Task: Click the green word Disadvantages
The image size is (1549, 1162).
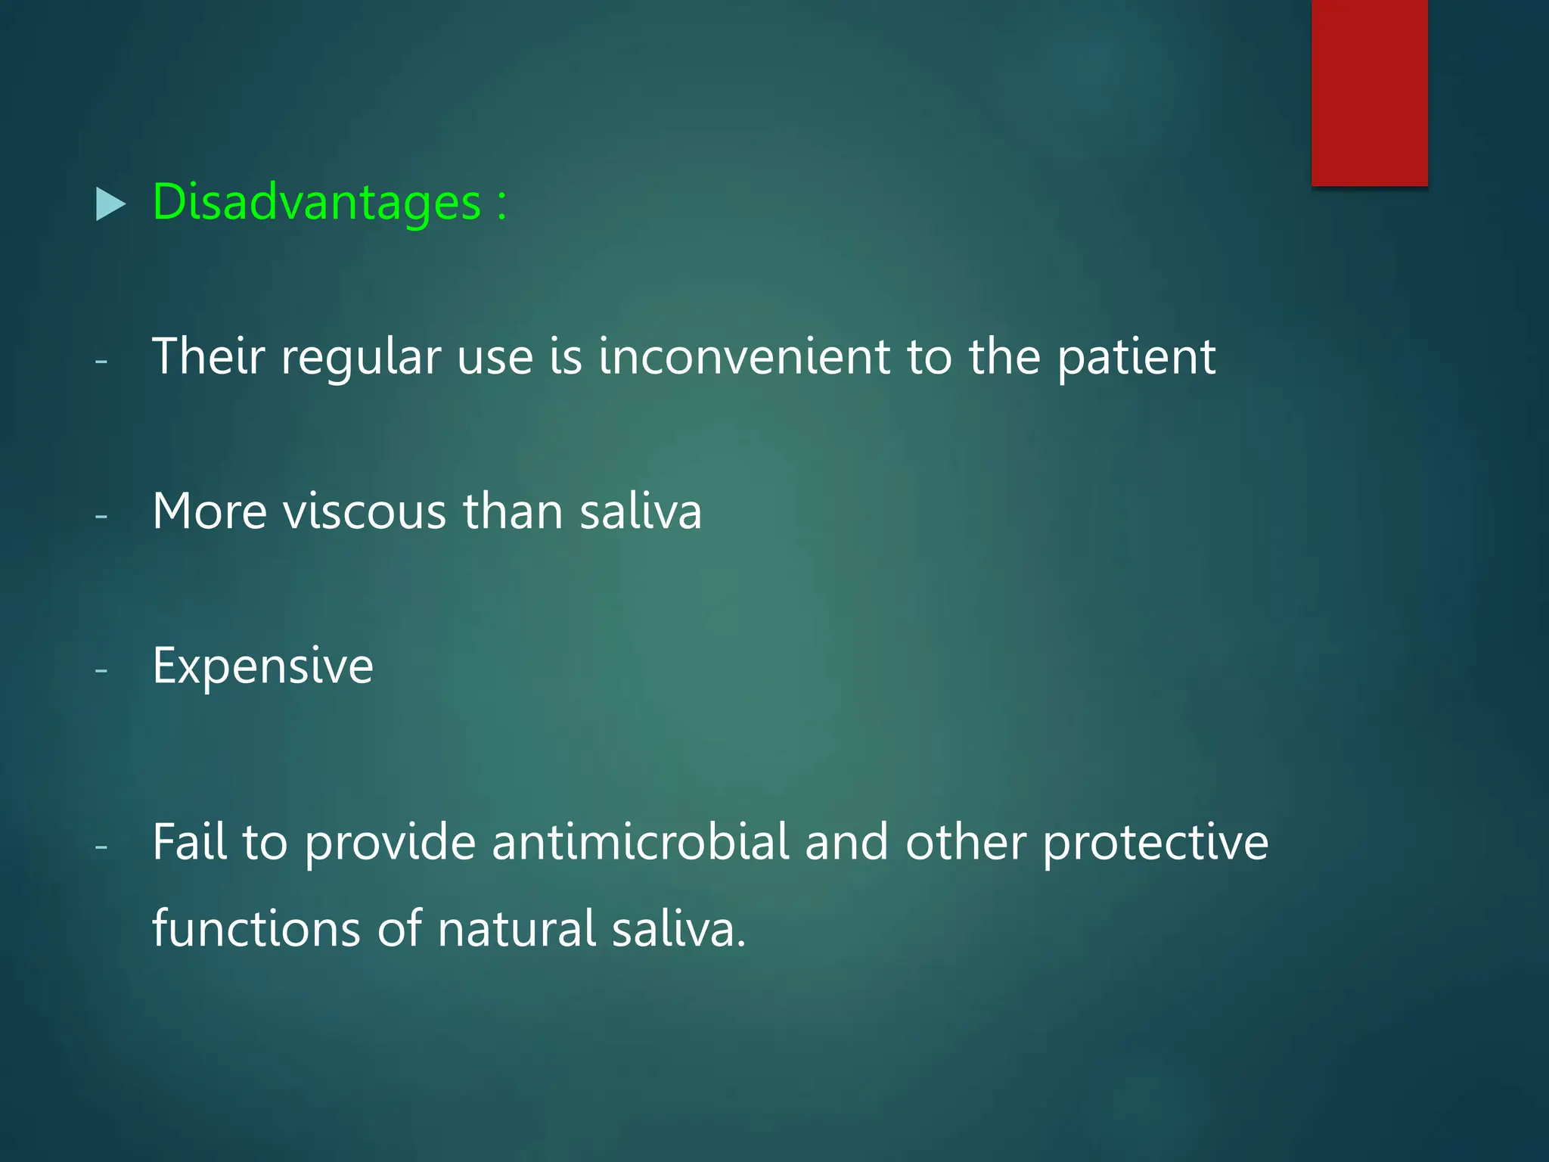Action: [316, 203]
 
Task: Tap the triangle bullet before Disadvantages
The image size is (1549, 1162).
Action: [110, 204]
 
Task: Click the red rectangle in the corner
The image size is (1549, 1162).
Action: [1369, 92]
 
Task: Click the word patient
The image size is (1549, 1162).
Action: [1136, 358]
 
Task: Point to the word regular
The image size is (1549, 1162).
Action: [361, 358]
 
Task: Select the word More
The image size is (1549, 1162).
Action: [210, 511]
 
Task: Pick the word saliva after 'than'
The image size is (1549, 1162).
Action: [641, 511]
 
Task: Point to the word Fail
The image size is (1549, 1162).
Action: [189, 842]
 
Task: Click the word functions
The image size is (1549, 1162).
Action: [256, 928]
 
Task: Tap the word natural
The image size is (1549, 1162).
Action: [517, 928]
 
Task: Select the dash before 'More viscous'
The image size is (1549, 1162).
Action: [101, 516]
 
